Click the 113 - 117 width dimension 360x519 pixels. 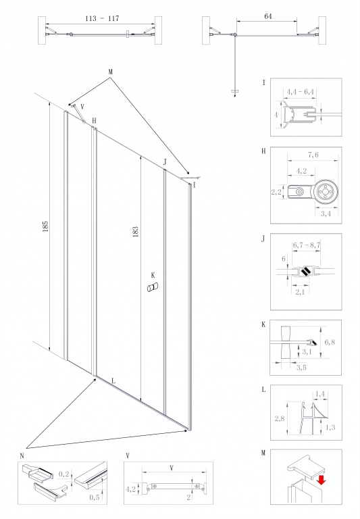(102, 18)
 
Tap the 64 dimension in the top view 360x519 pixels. (268, 16)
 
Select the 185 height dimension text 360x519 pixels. (45, 226)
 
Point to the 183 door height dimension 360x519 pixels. (135, 232)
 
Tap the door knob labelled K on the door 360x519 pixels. (153, 287)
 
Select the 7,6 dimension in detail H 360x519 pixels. (313, 155)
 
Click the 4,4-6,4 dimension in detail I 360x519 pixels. (300, 92)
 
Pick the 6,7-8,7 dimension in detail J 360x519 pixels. (307, 245)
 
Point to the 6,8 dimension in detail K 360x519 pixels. (330, 342)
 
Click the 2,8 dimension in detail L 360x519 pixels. (279, 419)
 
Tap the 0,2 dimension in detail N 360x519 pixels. (64, 474)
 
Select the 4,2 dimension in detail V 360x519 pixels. (131, 489)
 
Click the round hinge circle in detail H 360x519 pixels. (326, 192)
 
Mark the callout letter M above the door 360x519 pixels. (110, 72)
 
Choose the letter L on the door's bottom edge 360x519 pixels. (113, 381)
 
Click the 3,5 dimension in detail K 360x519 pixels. (301, 368)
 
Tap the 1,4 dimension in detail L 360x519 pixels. (320, 394)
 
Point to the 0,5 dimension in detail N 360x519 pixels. (95, 497)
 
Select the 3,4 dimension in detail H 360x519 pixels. (326, 214)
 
